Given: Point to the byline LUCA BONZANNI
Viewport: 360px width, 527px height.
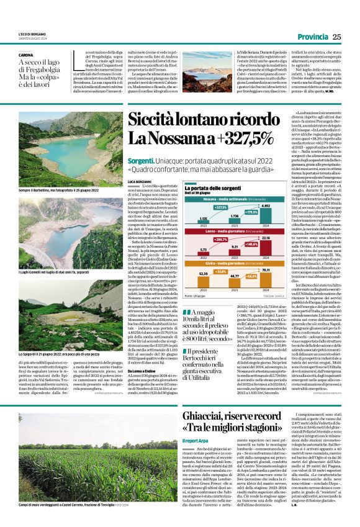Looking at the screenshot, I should (x=140, y=181).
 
